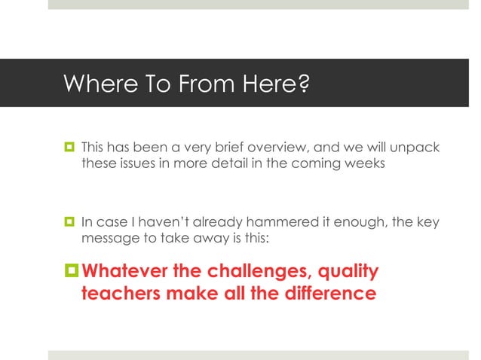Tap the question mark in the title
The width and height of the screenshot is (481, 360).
303,84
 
